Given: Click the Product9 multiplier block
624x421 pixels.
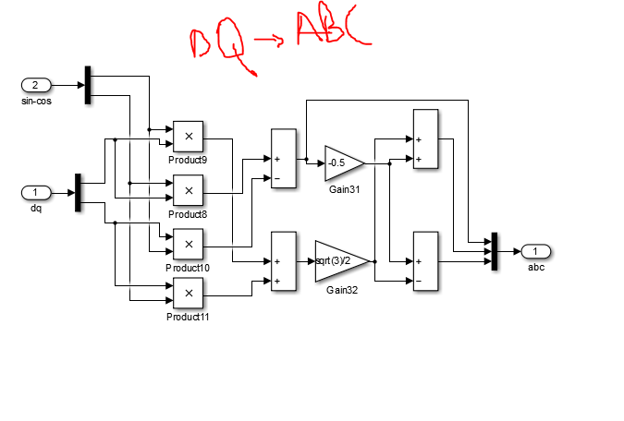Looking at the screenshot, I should (189, 137).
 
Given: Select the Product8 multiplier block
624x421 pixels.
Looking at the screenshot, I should (189, 190).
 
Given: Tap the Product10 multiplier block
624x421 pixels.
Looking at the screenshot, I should (189, 245).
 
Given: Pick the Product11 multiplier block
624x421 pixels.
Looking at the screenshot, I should (189, 294).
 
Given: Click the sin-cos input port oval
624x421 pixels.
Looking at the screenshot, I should (36, 86).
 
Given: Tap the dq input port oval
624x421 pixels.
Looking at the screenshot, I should (36, 193).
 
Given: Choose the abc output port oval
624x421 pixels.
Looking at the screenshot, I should (536, 251).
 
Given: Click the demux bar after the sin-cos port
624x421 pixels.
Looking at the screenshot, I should (88, 86).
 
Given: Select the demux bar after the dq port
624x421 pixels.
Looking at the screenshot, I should (79, 193).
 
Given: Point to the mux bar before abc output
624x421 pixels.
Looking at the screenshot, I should (496, 251).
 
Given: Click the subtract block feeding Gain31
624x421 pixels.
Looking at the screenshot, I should (283, 159).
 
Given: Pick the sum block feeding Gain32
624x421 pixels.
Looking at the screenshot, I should (283, 261).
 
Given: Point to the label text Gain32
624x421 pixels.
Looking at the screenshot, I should (342, 290).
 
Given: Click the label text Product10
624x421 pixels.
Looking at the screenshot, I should (188, 268).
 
